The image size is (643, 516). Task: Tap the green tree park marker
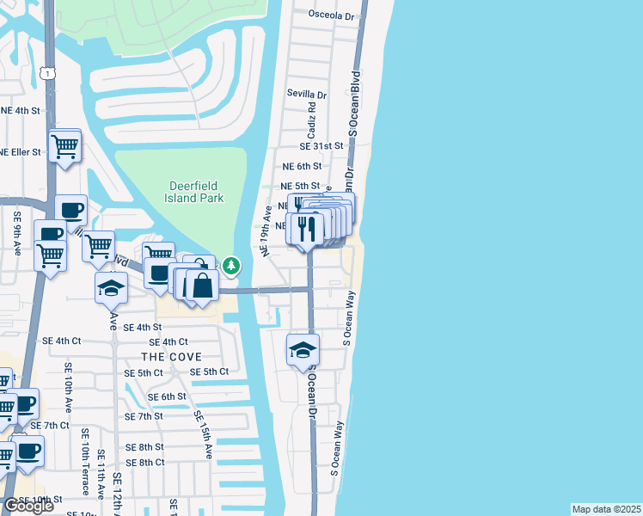pyautogui.click(x=231, y=266)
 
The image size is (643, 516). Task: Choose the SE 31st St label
pyautogui.click(x=322, y=147)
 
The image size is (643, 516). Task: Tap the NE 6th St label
pyautogui.click(x=302, y=166)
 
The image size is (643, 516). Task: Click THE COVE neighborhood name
pyautogui.click(x=172, y=357)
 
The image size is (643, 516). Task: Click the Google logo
pyautogui.click(x=28, y=506)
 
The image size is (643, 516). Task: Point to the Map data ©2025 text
pyautogui.click(x=606, y=509)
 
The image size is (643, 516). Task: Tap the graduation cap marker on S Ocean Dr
pyautogui.click(x=303, y=350)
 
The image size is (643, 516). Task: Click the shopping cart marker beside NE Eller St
pyautogui.click(x=65, y=147)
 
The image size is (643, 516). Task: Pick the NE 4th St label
pyautogui.click(x=21, y=111)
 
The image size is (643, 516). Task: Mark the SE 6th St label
pyautogui.click(x=167, y=396)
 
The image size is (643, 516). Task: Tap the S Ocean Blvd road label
pyautogui.click(x=352, y=103)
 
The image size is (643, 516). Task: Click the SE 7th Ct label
pyautogui.click(x=49, y=426)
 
